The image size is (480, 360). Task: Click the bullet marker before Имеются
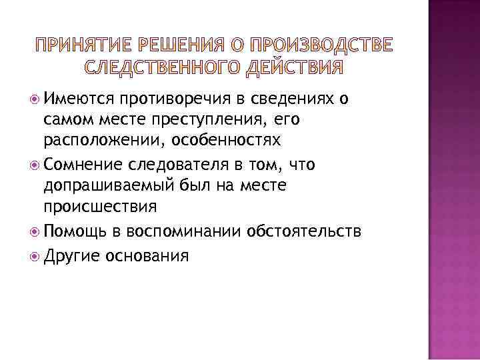pyautogui.click(x=34, y=99)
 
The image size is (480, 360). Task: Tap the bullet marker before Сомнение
pyautogui.click(x=34, y=164)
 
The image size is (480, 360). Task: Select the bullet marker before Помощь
pyautogui.click(x=34, y=231)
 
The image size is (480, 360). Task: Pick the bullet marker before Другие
pyautogui.click(x=34, y=254)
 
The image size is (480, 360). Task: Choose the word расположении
pyautogui.click(x=94, y=142)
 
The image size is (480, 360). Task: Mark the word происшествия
pyautogui.click(x=100, y=207)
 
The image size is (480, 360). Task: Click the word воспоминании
pyautogui.click(x=180, y=231)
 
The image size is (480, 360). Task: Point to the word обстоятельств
pyautogui.click(x=304, y=231)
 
